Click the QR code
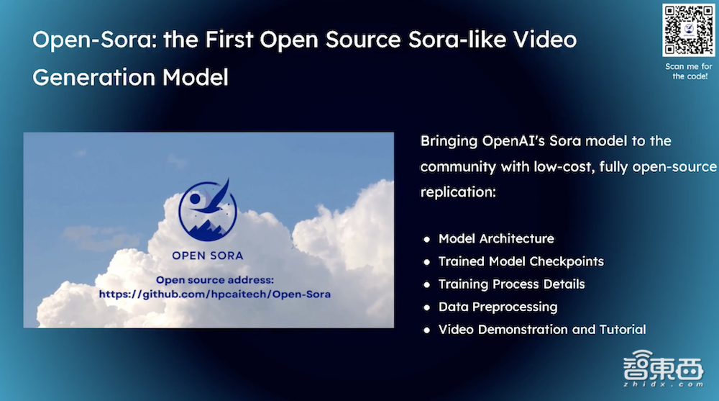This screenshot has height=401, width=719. click(688, 30)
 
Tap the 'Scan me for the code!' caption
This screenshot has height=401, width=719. click(689, 71)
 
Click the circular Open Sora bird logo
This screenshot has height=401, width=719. click(208, 210)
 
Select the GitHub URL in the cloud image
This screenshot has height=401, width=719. click(214, 294)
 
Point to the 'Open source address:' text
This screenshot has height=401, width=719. click(214, 280)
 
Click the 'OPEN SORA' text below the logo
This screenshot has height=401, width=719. click(208, 256)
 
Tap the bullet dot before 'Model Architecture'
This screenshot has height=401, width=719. click(427, 239)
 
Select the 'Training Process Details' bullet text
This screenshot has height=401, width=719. click(511, 284)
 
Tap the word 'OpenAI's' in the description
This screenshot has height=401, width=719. click(513, 141)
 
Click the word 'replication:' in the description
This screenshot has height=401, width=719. click(458, 192)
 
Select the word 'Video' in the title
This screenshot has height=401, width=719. click(545, 39)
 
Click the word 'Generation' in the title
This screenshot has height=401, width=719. click(93, 77)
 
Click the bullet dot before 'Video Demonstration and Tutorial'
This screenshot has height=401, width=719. click(427, 330)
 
